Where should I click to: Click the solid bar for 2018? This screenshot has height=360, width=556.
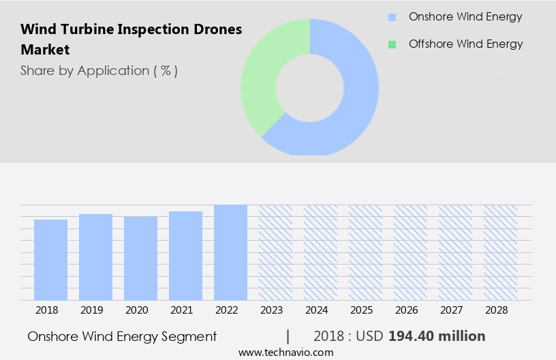(x=50, y=260)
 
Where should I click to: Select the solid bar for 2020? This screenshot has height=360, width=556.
(x=140, y=258)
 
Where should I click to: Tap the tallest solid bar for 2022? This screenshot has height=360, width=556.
(x=230, y=252)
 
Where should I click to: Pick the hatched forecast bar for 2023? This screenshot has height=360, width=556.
(x=275, y=252)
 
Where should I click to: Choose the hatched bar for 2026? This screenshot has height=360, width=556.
(x=410, y=252)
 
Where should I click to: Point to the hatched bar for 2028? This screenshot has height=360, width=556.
(x=500, y=252)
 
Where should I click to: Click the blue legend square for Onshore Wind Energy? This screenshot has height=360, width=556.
(x=392, y=17)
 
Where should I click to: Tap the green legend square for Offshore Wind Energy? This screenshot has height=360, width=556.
(x=392, y=44)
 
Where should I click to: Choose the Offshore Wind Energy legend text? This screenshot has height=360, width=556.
(x=465, y=44)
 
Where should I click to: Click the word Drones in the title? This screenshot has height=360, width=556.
(x=218, y=30)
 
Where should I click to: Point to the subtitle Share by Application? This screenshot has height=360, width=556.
(x=99, y=71)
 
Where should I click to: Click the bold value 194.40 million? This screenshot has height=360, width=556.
(x=437, y=336)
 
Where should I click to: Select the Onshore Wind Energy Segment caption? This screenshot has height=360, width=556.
(x=122, y=336)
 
